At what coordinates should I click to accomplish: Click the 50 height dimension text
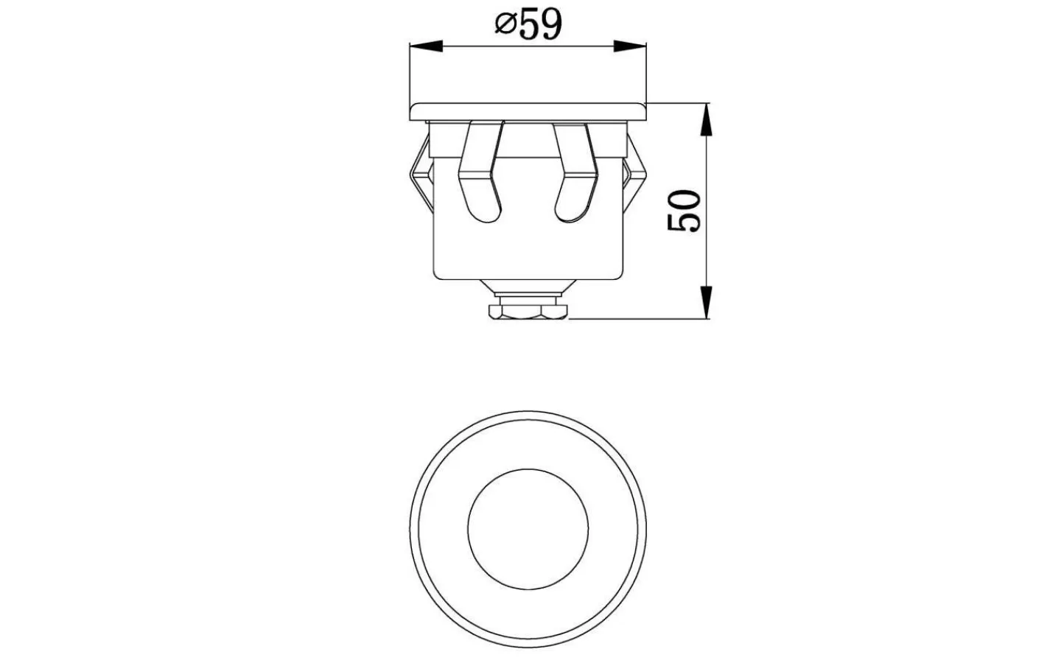coord(684,211)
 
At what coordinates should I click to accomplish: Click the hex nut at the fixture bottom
coord(528,312)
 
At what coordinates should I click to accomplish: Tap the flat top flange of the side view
coord(528,110)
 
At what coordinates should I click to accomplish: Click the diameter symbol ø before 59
coord(504,27)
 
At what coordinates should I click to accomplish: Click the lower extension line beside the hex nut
coord(637,318)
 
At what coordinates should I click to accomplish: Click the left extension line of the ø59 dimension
coord(410,74)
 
